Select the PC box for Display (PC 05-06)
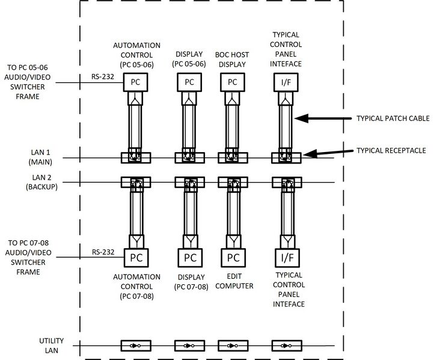pos(189,82)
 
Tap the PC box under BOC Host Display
pos(233,82)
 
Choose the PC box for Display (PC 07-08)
pos(189,257)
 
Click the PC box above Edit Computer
pos(233,257)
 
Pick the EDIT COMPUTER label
pos(233,281)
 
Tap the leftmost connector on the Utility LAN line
pos(132,346)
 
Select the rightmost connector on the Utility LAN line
pos(283,346)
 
